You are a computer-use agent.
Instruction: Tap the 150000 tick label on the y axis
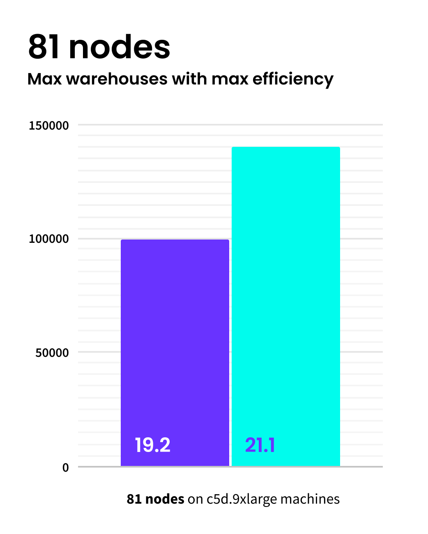48,126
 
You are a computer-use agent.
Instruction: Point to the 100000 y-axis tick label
48,239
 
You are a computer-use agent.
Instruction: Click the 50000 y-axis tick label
52,353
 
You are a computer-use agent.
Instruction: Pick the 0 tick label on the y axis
65,468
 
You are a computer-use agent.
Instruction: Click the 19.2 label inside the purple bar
152,445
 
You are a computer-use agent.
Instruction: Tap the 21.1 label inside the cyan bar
260,445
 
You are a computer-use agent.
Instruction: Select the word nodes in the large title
120,47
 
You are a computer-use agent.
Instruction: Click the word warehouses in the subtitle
117,78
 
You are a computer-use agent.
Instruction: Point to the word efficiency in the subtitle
293,79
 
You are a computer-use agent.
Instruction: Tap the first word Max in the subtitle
44,78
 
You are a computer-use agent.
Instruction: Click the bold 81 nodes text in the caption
155,499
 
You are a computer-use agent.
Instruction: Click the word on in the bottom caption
195,500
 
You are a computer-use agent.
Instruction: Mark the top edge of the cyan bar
286,147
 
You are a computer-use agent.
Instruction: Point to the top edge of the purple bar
175,240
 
